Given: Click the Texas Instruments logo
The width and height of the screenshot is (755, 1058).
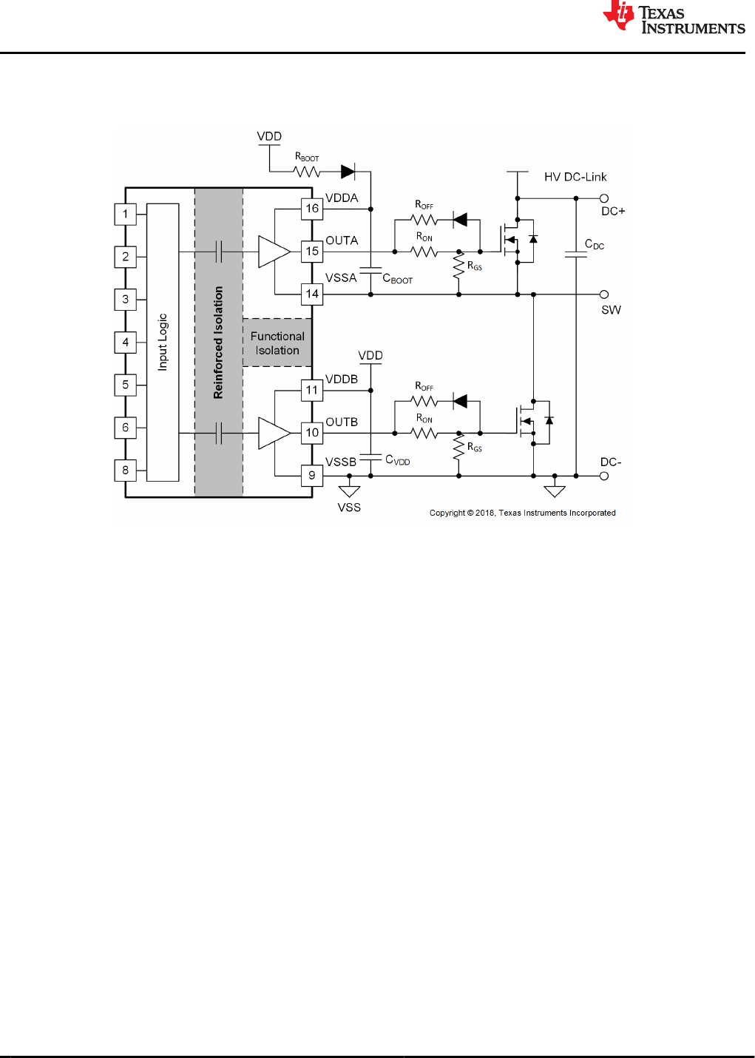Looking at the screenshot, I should [673, 18].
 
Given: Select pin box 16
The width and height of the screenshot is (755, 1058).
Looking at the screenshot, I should [312, 209].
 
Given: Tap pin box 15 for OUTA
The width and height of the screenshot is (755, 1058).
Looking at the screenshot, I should [312, 252].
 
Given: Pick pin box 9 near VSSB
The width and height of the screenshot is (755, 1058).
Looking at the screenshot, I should [312, 476].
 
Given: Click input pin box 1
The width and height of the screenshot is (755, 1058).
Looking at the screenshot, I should [126, 215].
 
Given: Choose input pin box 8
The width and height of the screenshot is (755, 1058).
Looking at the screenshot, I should [126, 471].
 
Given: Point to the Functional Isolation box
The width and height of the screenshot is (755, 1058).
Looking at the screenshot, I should [277, 343].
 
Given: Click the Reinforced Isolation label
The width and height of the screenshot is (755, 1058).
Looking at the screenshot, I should [218, 343].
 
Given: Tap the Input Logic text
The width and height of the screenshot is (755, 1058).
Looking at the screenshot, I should [163, 342].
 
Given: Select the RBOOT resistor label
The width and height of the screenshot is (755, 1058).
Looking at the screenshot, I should [307, 157].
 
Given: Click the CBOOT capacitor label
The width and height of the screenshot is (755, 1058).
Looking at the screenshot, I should [397, 279].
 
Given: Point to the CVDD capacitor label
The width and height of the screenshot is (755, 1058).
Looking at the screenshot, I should [397, 460].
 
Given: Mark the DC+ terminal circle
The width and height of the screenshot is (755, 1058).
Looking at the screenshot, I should [604, 198].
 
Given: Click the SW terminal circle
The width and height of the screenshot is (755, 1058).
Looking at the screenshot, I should [604, 294].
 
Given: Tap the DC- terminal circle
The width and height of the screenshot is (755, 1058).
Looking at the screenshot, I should [604, 476].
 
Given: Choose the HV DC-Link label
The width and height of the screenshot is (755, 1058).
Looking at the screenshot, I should [575, 178].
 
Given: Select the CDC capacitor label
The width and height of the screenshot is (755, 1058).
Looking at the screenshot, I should [594, 245].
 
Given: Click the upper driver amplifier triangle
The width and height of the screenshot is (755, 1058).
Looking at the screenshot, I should [272, 252].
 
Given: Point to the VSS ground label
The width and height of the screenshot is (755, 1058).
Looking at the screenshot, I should [349, 508].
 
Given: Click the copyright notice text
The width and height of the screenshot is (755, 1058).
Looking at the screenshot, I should [522, 513].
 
